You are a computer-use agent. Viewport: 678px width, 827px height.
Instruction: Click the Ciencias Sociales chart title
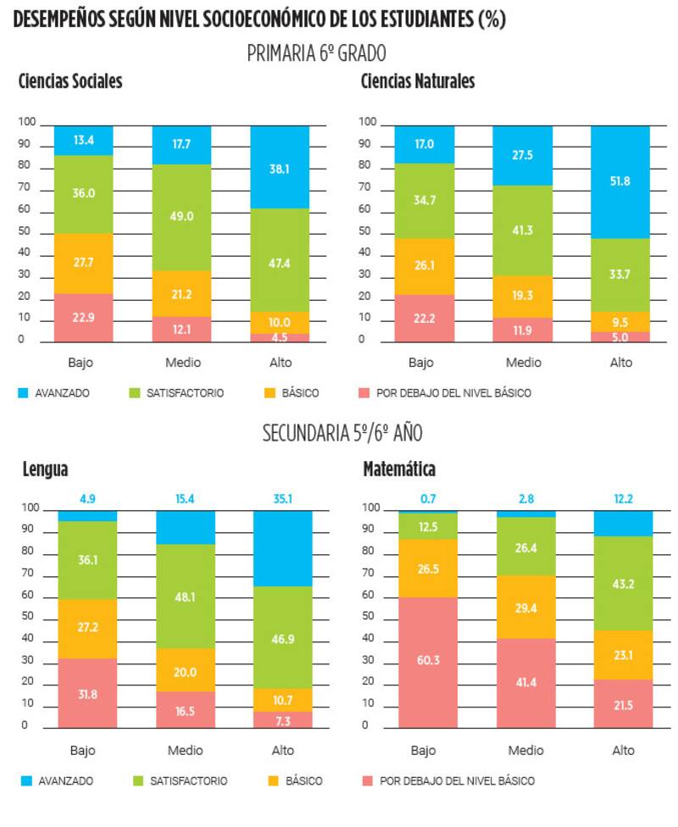(70, 82)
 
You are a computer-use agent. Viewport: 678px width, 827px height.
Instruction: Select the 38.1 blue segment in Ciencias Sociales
(281, 168)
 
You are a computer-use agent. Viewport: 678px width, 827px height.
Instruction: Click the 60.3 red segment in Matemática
(428, 662)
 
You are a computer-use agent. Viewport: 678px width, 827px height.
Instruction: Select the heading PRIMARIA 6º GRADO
(316, 53)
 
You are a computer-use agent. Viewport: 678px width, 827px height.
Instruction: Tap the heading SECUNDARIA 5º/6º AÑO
(342, 434)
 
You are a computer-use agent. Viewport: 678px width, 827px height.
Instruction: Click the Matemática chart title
(399, 469)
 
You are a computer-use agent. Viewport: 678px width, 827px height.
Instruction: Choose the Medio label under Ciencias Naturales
(524, 363)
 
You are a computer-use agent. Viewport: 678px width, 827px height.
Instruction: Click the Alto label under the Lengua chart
(282, 750)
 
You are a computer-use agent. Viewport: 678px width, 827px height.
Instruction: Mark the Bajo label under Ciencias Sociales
(81, 363)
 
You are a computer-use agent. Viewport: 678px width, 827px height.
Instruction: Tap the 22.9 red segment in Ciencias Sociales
(83, 318)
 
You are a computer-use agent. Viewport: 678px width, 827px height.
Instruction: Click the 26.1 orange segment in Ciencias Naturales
(425, 265)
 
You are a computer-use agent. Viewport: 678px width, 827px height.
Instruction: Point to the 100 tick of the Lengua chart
(30, 508)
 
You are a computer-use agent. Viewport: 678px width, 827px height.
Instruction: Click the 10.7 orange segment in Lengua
(282, 699)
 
